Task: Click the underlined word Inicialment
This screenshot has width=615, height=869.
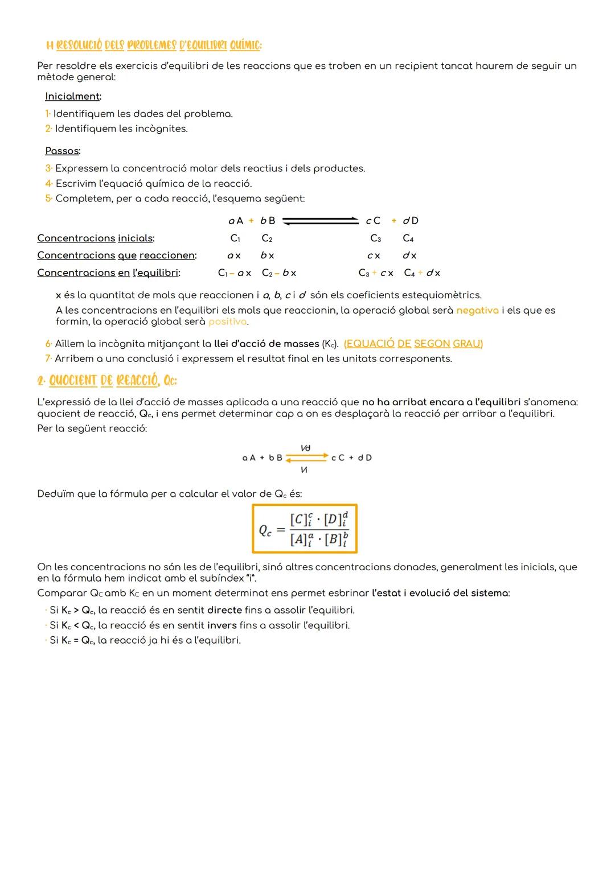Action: coord(72,96)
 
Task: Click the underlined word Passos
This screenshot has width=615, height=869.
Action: coord(62,151)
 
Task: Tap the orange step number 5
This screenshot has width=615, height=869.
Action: coord(48,199)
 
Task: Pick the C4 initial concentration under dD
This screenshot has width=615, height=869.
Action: coord(408,238)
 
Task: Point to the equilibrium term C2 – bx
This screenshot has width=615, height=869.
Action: coord(278,273)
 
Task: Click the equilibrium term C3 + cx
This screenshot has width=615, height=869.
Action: coord(375,273)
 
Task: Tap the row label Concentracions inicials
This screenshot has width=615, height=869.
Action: coord(95,238)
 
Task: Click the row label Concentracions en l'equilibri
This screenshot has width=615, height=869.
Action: coord(108,273)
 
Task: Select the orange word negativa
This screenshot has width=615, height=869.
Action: coord(477,311)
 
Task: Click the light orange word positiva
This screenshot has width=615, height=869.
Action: coord(228,322)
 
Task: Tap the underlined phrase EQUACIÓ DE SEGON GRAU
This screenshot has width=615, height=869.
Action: coord(413,344)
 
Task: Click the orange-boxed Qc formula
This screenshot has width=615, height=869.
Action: coord(305,529)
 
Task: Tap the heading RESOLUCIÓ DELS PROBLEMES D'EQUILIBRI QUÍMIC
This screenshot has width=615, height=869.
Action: coord(154,45)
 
